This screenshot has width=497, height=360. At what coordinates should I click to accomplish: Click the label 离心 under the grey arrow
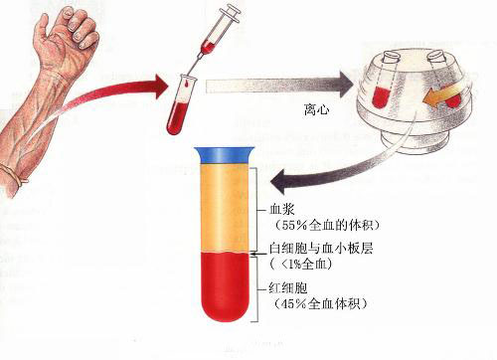317,109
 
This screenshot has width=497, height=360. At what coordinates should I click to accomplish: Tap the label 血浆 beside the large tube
282,210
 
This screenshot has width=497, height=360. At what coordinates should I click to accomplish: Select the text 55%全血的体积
327,226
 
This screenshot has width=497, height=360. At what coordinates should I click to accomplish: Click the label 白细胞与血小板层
322,249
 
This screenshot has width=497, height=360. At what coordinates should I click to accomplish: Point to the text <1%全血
301,265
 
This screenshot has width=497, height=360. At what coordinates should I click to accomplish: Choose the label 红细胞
288,288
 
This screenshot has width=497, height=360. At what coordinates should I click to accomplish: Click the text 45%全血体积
321,303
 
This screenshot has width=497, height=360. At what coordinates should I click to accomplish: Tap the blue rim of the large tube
225,155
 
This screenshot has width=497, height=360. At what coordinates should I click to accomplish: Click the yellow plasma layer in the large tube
225,209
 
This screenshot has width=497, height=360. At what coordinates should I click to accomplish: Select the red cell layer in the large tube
225,286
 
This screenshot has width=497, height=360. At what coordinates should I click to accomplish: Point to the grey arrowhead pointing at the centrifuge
346,83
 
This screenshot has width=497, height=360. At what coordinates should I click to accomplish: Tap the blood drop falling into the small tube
188,85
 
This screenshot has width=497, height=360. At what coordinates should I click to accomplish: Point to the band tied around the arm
14,175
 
